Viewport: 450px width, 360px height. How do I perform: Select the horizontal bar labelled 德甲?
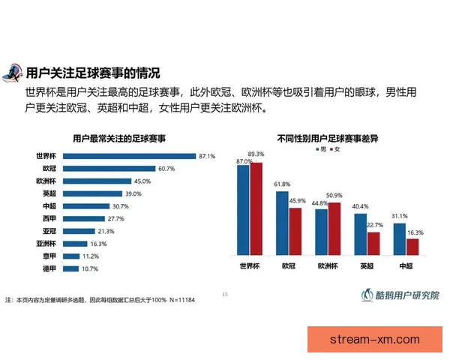point(71,268)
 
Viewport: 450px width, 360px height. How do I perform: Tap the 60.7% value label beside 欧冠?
point(166,169)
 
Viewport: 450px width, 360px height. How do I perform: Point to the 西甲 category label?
point(50,218)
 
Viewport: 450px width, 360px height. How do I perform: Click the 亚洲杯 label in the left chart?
point(47,243)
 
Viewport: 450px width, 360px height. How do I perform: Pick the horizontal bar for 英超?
point(97,193)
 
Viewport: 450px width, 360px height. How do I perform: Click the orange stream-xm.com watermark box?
point(375,340)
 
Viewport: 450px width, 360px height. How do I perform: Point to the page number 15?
point(225,294)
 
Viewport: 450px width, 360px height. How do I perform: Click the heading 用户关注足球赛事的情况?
point(93,73)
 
